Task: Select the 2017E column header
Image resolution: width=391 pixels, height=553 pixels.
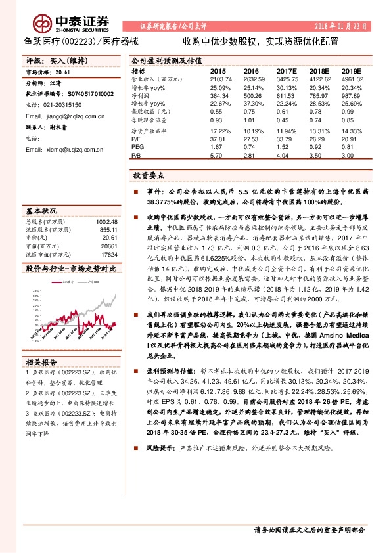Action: point(287,70)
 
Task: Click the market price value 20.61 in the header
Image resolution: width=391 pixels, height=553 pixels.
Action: point(62,72)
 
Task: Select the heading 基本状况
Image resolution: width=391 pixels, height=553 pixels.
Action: point(41,211)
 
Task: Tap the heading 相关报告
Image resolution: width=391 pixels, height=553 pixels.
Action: point(41,362)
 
